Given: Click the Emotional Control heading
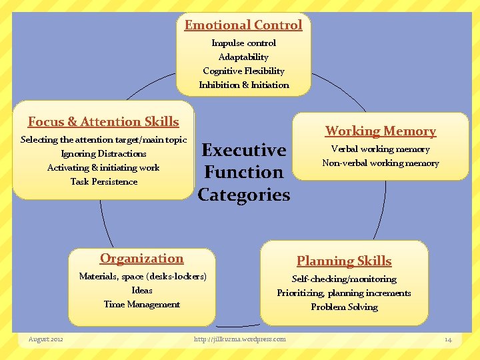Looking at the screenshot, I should point(243,25).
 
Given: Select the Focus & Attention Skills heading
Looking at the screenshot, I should point(103,121).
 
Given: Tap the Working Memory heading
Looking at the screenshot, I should point(381,131).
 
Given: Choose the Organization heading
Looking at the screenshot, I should point(141,259).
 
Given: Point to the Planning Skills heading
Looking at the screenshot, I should point(344,261).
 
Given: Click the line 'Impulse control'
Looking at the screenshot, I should point(243,43).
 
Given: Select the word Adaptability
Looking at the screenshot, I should point(243,57).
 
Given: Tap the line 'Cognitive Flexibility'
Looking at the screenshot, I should point(243,71).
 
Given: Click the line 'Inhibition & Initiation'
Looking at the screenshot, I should point(243,85).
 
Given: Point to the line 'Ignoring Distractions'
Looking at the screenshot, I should point(103,153).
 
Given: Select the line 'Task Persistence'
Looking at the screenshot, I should point(103,181).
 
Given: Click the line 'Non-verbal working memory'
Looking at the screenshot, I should point(381,163).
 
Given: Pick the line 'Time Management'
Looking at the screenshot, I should point(141,304).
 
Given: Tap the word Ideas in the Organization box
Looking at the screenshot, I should point(141,290).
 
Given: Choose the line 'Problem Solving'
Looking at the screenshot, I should point(344,307).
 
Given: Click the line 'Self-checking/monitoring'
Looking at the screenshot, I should point(344,279).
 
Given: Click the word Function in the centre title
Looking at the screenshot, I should point(243,172).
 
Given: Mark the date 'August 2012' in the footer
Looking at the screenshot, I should point(46,339).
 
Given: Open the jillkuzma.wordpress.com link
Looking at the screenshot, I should point(239,339).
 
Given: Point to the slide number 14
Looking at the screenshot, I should point(448,339).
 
